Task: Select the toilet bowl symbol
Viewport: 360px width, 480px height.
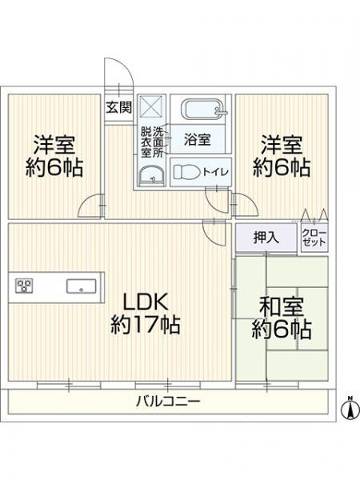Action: [x=186, y=171]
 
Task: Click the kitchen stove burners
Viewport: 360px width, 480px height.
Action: [x=23, y=286]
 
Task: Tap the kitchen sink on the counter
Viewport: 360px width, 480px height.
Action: [x=82, y=286]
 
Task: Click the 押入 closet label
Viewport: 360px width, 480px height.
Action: [x=266, y=237]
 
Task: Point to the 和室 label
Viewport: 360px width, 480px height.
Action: [x=279, y=306]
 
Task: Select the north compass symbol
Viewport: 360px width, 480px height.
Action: [x=349, y=408]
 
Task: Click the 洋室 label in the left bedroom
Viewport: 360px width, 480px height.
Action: [x=54, y=145]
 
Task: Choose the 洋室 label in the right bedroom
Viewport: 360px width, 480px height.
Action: [x=280, y=145]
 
